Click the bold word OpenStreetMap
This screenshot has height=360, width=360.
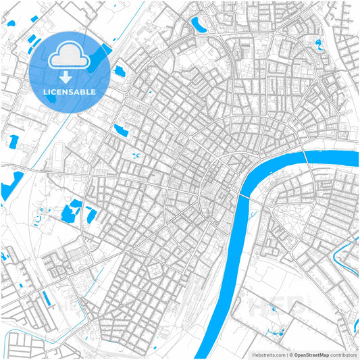311,354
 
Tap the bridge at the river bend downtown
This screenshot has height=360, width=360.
242,194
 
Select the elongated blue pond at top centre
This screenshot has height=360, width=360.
199,26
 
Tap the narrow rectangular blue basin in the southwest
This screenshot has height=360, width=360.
47,297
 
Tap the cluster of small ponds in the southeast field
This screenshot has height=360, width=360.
277,332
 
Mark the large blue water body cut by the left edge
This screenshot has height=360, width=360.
9,184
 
